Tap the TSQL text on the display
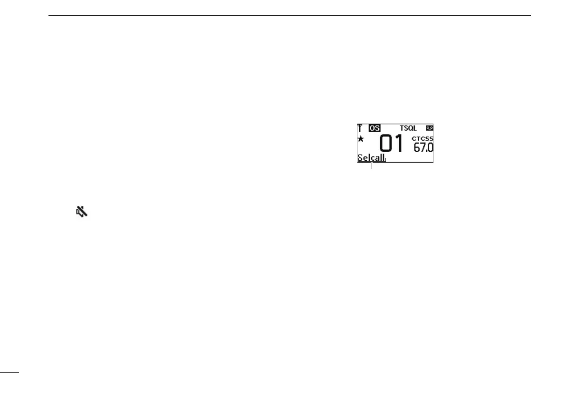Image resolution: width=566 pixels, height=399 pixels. coord(408,128)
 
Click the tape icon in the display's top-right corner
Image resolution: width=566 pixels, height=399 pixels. coord(430,128)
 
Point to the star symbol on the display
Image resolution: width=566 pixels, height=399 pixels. coord(361,138)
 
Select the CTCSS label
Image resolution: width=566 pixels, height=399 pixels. coord(422,138)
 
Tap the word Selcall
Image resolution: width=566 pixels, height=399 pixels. coord(371,158)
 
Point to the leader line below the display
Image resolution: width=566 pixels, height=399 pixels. coord(372,165)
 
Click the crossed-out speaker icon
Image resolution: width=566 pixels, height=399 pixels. coord(82,212)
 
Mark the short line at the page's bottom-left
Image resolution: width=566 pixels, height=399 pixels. coord(9,372)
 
